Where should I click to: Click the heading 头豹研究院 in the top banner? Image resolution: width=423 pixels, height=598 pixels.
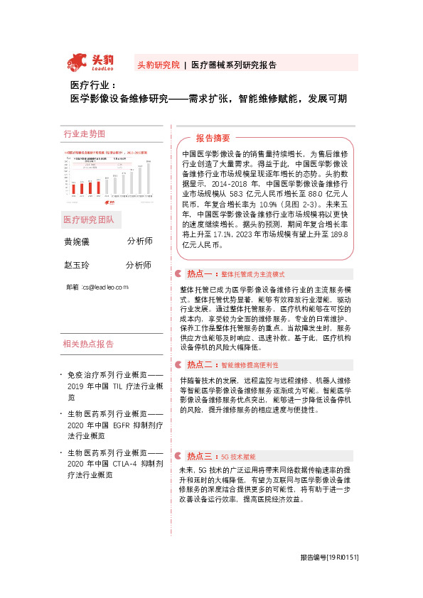[158, 65]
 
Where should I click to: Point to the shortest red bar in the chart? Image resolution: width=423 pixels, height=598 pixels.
[73, 187]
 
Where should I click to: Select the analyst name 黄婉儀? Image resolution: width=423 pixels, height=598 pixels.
[77, 242]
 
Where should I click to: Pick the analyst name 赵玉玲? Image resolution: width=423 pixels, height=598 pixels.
[77, 266]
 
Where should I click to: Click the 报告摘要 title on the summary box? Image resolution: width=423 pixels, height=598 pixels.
[213, 138]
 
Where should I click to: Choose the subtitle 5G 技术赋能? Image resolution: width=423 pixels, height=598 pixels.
[238, 456]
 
